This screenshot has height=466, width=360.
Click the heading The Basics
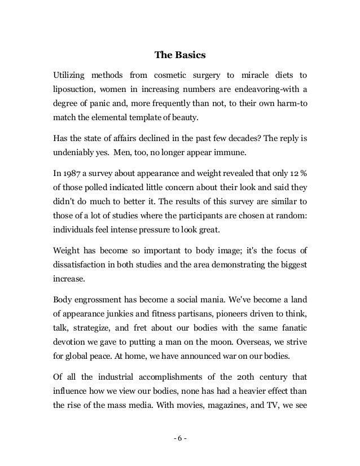click(180, 56)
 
